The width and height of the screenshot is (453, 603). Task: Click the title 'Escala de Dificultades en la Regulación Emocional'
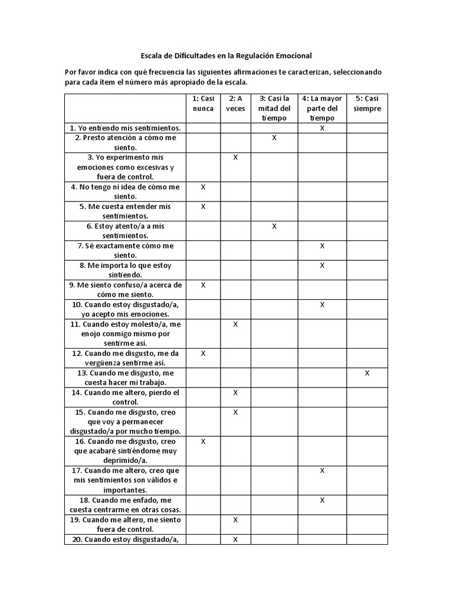click(x=226, y=55)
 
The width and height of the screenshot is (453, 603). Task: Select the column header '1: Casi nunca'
click(x=203, y=103)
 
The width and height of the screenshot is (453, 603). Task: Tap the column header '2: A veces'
click(x=235, y=103)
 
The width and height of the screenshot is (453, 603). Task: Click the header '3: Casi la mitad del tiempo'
click(x=274, y=108)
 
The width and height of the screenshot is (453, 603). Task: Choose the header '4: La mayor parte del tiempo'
click(x=322, y=108)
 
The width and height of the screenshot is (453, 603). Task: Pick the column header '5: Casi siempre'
click(x=367, y=103)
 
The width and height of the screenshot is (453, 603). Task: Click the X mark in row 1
click(x=322, y=128)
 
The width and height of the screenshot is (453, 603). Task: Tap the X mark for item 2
click(x=274, y=138)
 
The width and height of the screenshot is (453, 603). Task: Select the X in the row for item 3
click(x=235, y=157)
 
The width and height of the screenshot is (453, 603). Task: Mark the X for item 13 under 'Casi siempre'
click(x=367, y=373)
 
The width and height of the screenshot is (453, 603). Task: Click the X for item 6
click(x=274, y=226)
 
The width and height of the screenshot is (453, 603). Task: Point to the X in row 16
click(x=203, y=441)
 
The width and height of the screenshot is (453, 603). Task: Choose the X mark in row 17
click(x=322, y=471)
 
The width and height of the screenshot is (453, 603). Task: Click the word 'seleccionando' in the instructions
click(x=356, y=72)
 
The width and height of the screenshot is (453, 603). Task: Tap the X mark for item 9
click(x=203, y=285)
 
